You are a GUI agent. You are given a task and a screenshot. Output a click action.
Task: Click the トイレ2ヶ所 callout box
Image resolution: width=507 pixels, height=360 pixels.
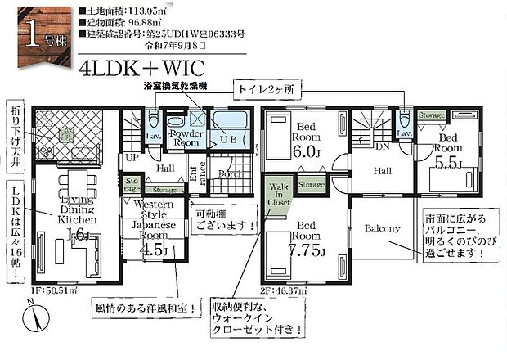(x=270, y=86)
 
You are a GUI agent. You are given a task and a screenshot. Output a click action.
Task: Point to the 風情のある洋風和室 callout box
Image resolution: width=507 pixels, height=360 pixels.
(x=144, y=309)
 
